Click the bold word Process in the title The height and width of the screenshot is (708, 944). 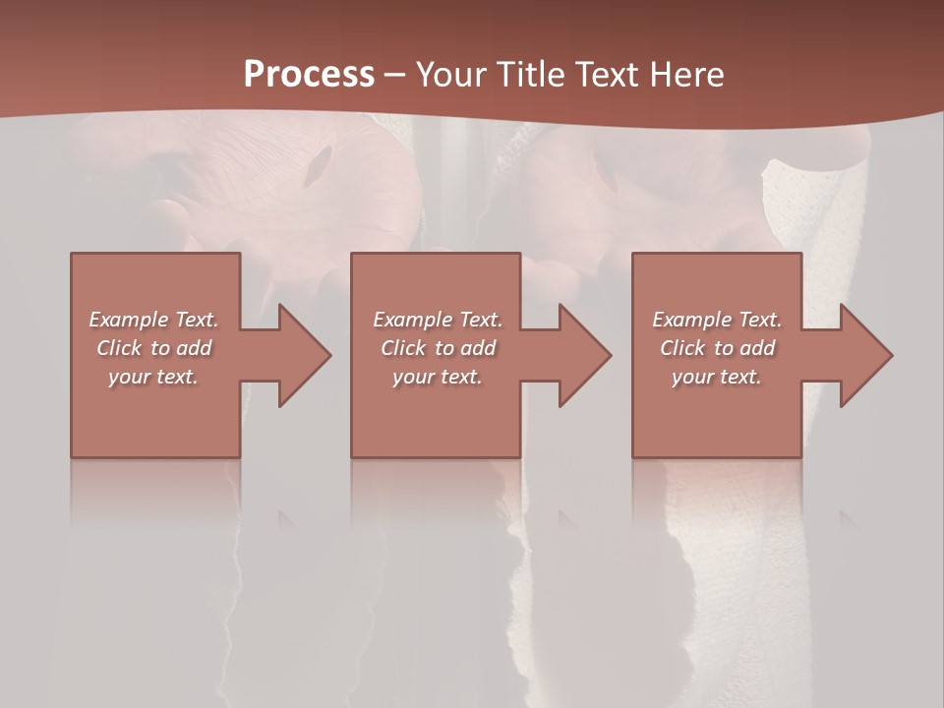tap(309, 75)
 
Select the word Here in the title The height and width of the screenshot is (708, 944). tap(687, 75)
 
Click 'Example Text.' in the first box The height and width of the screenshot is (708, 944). tap(153, 320)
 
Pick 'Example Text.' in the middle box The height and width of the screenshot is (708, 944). tap(438, 320)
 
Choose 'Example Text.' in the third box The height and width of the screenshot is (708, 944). tap(717, 320)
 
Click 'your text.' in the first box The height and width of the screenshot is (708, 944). tap(153, 377)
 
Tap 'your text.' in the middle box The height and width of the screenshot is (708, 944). tap(438, 377)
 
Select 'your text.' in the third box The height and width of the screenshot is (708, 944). tap(717, 377)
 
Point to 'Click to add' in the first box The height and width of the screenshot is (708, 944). tap(153, 348)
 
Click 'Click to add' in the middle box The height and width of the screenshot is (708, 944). tap(438, 348)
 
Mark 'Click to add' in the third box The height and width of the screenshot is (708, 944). tap(717, 348)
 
